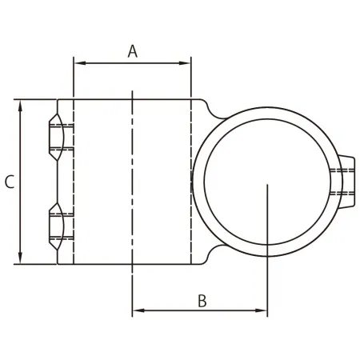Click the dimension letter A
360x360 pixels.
point(133,51)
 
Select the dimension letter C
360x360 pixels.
point(9,182)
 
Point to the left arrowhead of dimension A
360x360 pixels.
point(78,61)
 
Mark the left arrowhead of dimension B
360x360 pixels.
point(137,310)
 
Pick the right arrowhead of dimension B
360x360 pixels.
point(262,310)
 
